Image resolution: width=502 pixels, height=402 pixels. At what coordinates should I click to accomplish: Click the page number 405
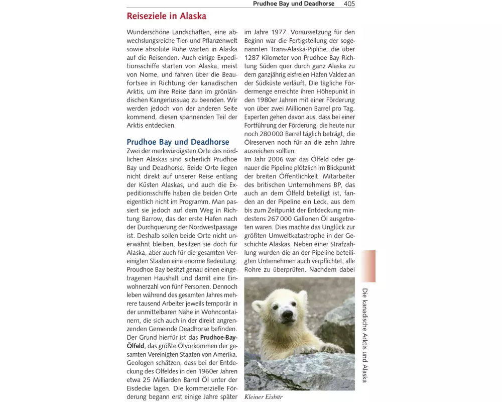pyautogui.click(x=349, y=4)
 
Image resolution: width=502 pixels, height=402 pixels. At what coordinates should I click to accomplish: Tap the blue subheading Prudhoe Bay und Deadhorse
pyautogui.click(x=178, y=142)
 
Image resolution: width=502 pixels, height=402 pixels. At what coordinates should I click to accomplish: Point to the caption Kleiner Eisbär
pyautogui.click(x=264, y=397)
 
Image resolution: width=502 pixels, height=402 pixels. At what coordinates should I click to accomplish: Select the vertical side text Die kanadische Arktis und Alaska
pyautogui.click(x=365, y=335)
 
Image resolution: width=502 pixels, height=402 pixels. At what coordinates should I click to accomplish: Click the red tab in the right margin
pyautogui.click(x=367, y=266)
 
